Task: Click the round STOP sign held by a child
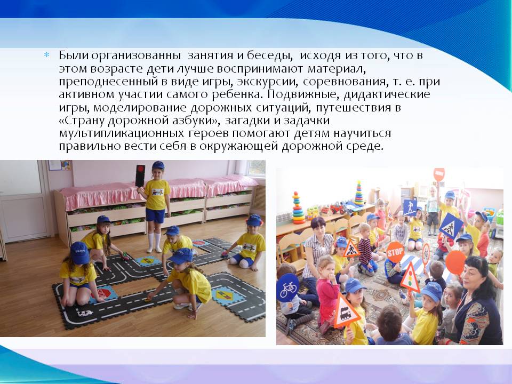click(395, 252)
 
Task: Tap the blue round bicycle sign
click(287, 287)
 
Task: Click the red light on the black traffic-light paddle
click(141, 169)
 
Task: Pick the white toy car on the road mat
click(85, 314)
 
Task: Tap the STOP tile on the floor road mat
click(102, 293)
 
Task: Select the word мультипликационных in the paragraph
click(122, 134)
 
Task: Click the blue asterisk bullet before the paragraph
click(47, 55)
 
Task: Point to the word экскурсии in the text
click(267, 82)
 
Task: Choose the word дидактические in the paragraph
click(387, 95)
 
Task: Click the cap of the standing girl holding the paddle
click(158, 165)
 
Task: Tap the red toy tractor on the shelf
click(337, 208)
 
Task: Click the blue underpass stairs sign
click(410, 207)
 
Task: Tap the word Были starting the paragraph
click(74, 55)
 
